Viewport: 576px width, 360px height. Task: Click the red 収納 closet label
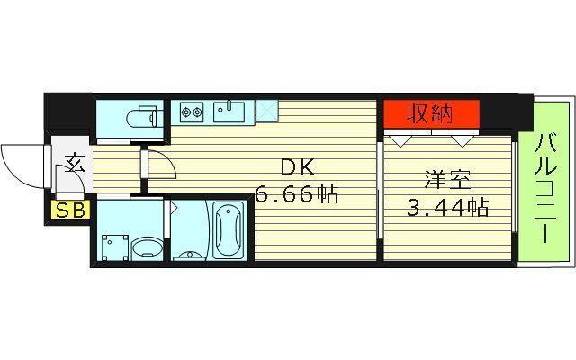431,114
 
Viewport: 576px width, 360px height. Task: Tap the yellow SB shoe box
67,211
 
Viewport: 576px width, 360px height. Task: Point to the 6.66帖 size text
297,193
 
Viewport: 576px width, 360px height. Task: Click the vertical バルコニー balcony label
544,189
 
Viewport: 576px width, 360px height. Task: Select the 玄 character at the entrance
74,165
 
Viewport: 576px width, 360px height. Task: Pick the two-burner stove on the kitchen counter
191,112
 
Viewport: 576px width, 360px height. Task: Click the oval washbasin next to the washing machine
145,247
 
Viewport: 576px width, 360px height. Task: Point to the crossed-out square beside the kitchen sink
266,111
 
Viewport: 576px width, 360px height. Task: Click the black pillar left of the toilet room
68,112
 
